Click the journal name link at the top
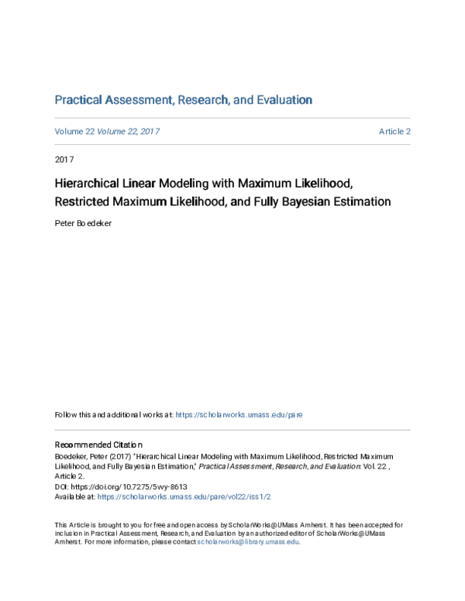pyautogui.click(x=183, y=100)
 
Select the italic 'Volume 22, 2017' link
pyautogui.click(x=128, y=132)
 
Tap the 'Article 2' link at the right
pyautogui.click(x=394, y=132)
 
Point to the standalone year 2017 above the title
pyautogui.click(x=64, y=160)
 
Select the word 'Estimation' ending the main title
pyautogui.click(x=364, y=202)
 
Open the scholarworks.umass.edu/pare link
pyautogui.click(x=239, y=414)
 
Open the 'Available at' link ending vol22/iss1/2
pyautogui.click(x=184, y=496)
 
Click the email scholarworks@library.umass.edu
pyautogui.click(x=247, y=542)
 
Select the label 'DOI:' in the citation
pyautogui.click(x=62, y=487)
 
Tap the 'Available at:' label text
pyautogui.click(x=74, y=496)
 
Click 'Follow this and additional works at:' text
pyautogui.click(x=114, y=414)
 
